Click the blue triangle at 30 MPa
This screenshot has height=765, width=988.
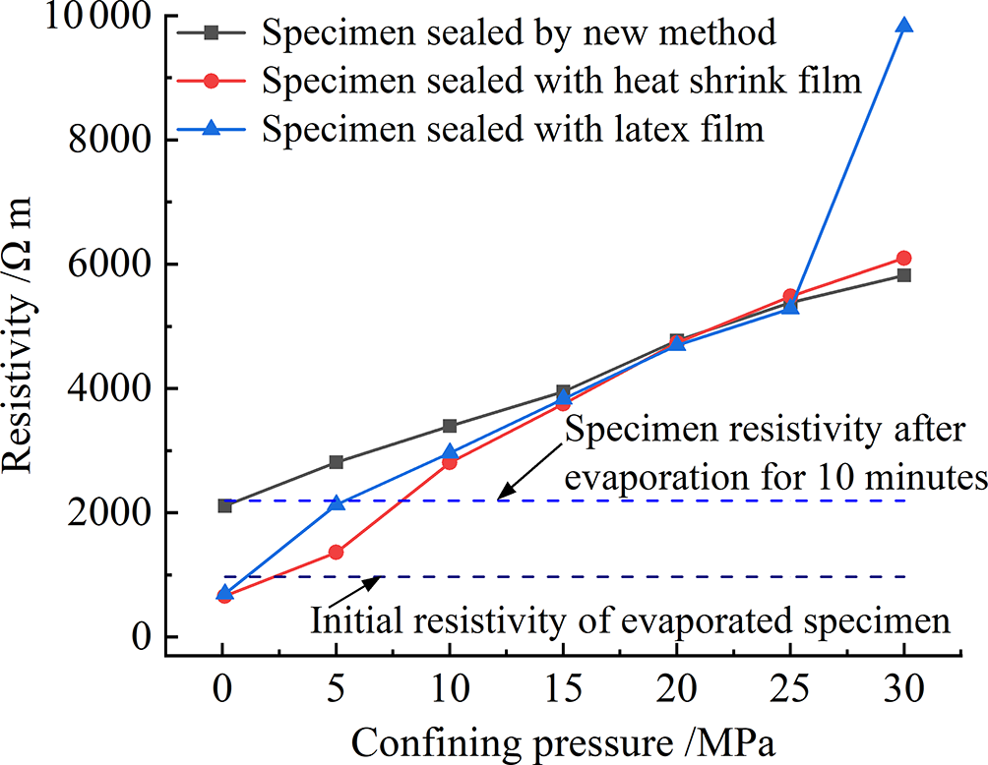(x=903, y=26)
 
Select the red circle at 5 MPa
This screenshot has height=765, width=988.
(x=337, y=552)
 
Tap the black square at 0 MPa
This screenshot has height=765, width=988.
(x=224, y=505)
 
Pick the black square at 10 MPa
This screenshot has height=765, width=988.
(x=450, y=426)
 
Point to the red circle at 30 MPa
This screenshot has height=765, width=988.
(x=903, y=258)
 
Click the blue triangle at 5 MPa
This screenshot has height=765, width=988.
(x=337, y=503)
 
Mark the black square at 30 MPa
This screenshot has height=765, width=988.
(x=903, y=275)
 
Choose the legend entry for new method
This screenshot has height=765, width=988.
(x=520, y=32)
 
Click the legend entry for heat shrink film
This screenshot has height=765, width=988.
(x=562, y=80)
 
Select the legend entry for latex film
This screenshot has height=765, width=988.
(x=514, y=128)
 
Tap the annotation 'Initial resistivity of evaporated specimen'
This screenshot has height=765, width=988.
(x=630, y=621)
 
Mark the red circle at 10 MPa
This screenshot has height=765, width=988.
(x=450, y=462)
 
